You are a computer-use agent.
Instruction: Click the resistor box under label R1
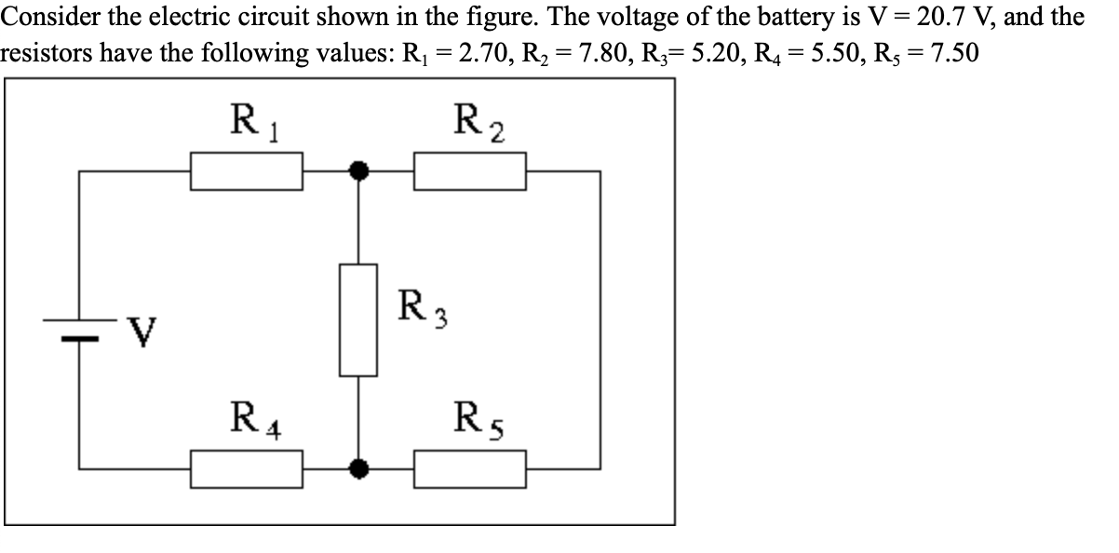click(x=247, y=172)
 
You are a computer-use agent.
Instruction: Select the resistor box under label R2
click(x=470, y=172)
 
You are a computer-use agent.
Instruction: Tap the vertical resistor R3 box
click(x=358, y=319)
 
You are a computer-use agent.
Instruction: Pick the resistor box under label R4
click(x=247, y=467)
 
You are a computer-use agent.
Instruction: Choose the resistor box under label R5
click(x=470, y=467)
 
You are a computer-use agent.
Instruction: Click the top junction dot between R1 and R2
click(x=358, y=171)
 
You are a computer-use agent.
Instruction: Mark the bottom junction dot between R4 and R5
click(x=358, y=467)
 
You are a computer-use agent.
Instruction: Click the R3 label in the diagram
click(x=418, y=308)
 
